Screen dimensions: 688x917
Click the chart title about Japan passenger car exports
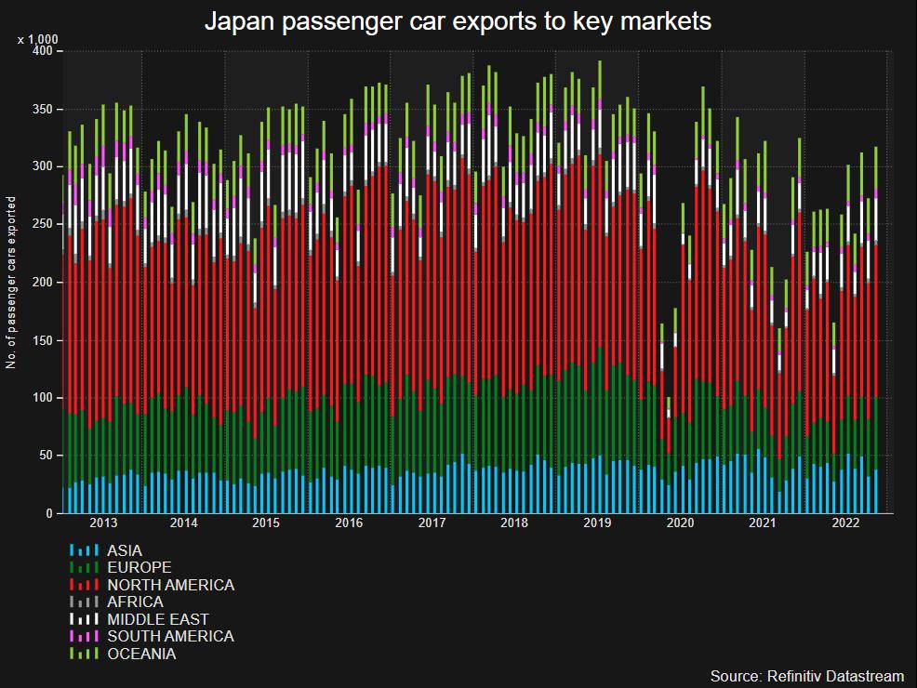pos(458,21)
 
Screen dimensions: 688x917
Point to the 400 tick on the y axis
pos(44,52)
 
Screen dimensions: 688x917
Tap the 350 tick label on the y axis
pos(44,110)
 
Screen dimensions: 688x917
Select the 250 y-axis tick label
pos(44,225)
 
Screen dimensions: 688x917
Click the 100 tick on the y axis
pos(44,398)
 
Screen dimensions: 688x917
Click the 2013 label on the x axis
pos(102,523)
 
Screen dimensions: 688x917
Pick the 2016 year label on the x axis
pos(349,523)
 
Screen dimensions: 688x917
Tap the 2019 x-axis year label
pos(596,523)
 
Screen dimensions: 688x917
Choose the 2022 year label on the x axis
pos(844,523)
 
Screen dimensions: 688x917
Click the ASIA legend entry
pos(125,550)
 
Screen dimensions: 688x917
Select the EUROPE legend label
pos(139,567)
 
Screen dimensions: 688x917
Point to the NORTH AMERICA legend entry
pos(170,585)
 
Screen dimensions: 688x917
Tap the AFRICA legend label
pos(135,602)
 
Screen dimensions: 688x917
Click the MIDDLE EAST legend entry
pos(157,619)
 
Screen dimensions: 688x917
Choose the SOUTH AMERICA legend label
pos(170,636)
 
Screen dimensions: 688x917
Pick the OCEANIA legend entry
pos(141,654)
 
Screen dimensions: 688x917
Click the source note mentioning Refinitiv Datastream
pos(806,675)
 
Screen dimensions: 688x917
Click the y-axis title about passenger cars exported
pos(11,283)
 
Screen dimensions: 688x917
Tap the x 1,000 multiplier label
pos(38,39)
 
